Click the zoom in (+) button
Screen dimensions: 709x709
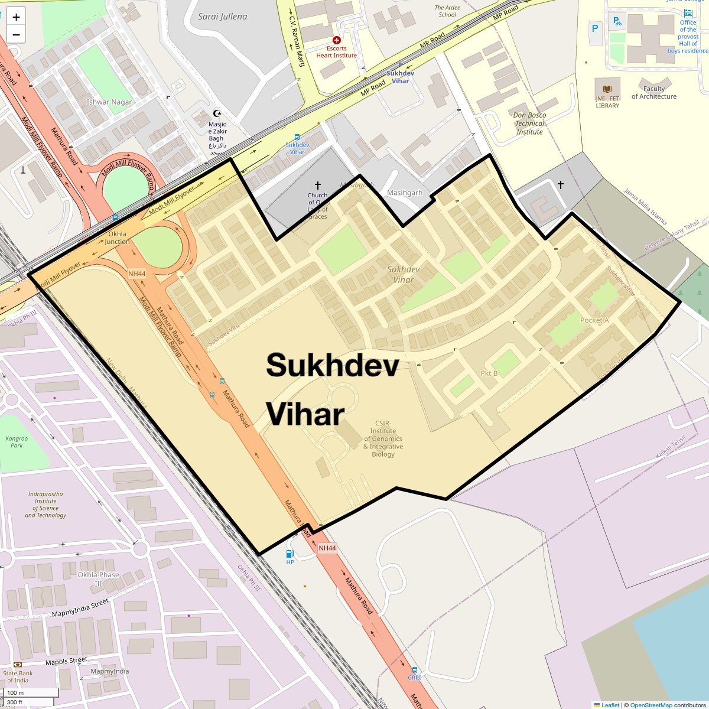coord(16,17)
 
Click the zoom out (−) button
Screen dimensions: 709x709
coord(16,35)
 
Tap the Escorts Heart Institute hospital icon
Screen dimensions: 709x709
coord(336,40)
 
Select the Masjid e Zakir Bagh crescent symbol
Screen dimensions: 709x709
coord(217,113)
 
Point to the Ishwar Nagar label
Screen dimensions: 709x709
coord(109,102)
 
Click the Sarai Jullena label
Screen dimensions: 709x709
coord(223,17)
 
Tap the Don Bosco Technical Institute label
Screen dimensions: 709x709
coord(529,123)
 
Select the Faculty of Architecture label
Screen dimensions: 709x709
coord(654,93)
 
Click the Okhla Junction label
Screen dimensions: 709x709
coord(117,238)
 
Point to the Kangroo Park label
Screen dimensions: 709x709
coord(17,441)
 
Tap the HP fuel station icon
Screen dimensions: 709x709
coord(290,554)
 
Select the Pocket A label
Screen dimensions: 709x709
coord(594,320)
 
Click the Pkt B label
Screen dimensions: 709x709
coord(489,373)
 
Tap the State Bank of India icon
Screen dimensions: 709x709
coord(18,665)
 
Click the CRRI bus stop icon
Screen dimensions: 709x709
coord(414,670)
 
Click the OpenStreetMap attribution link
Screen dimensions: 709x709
coord(651,705)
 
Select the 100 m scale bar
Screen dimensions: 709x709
coord(29,692)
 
